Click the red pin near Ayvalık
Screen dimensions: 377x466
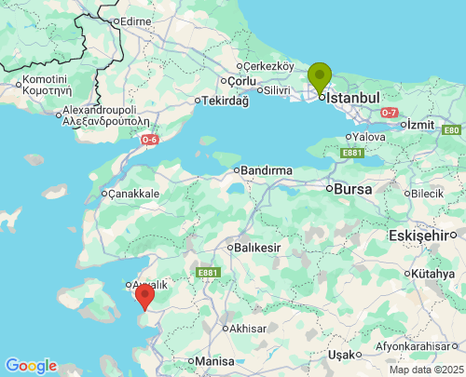(144, 296)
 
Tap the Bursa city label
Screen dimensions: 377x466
(353, 188)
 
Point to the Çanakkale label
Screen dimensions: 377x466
(134, 194)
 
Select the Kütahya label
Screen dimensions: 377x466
(432, 274)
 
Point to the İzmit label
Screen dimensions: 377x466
(422, 124)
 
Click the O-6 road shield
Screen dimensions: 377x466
(149, 140)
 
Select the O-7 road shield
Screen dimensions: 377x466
(391, 112)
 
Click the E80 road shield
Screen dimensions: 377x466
(451, 130)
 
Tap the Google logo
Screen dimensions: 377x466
(31, 366)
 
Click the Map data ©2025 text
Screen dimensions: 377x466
(425, 370)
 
